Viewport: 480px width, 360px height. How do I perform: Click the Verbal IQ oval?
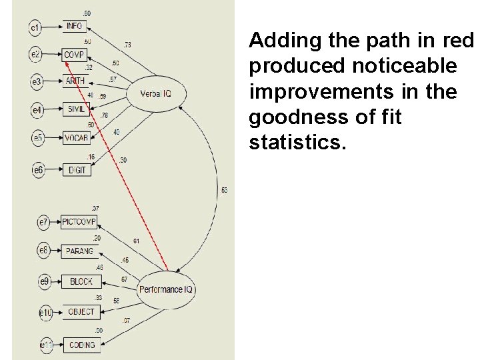(155, 93)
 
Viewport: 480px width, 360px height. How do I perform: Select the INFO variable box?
(75, 27)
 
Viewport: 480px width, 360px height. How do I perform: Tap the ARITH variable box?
(75, 81)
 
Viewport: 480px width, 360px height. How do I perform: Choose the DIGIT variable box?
(75, 170)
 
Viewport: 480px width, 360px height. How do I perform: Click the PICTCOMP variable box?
(79, 222)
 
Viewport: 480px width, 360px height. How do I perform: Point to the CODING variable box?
(81, 345)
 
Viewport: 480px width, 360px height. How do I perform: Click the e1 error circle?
(36, 27)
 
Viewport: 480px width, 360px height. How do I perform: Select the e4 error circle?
(38, 109)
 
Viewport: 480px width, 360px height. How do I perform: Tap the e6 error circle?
(39, 171)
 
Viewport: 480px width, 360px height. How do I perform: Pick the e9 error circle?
(44, 283)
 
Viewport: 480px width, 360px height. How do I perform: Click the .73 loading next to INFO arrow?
(127, 45)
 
